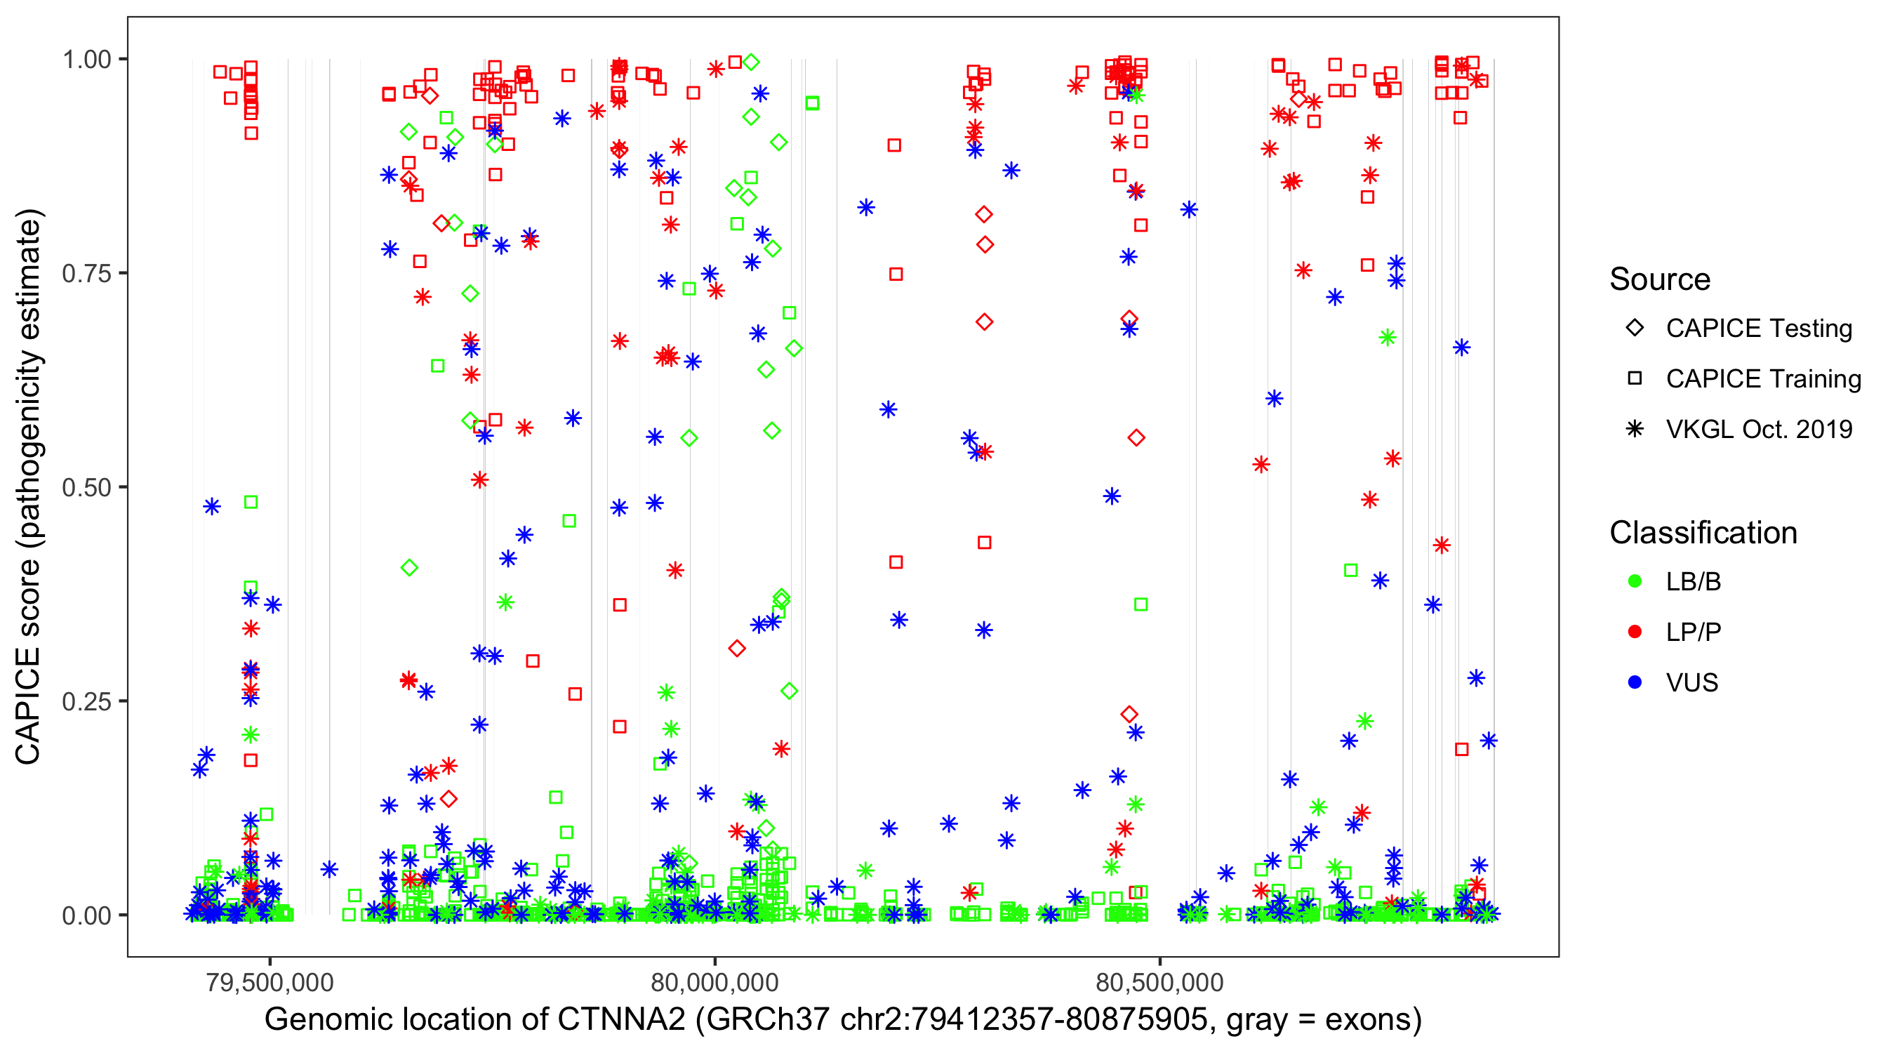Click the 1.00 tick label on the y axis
click(86, 60)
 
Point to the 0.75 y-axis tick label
click(86, 274)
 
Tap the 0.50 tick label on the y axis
click(86, 488)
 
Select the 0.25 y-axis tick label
click(86, 701)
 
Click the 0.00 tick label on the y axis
click(86, 915)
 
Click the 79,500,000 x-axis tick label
click(270, 982)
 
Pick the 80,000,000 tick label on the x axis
click(715, 982)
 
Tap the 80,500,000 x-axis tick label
click(1160, 982)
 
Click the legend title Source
click(1660, 279)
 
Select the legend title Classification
click(1703, 533)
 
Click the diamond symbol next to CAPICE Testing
click(1635, 329)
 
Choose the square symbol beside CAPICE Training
click(1635, 378)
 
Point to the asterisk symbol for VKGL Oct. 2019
click(1635, 429)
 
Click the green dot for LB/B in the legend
click(1635, 581)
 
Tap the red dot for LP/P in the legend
click(1635, 632)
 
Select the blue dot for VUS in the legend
click(1635, 683)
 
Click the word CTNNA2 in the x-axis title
click(621, 1020)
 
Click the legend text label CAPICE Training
click(1763, 379)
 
